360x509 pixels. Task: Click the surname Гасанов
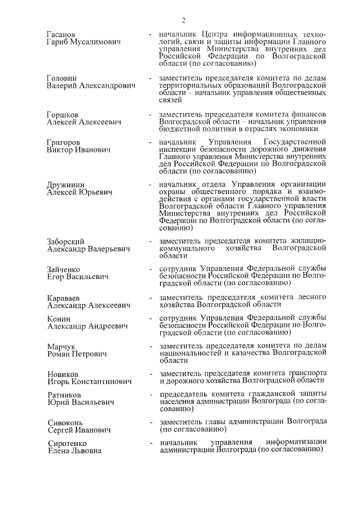pyautogui.click(x=62, y=35)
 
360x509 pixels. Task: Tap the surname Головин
pyautogui.click(x=62, y=78)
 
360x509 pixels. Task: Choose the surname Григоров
pyautogui.click(x=64, y=143)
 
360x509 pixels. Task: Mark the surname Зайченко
pyautogui.click(x=65, y=269)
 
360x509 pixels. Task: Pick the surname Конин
pyautogui.click(x=59, y=318)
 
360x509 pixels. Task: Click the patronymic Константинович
pyautogui.click(x=100, y=382)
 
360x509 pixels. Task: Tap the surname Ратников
pyautogui.click(x=64, y=395)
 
